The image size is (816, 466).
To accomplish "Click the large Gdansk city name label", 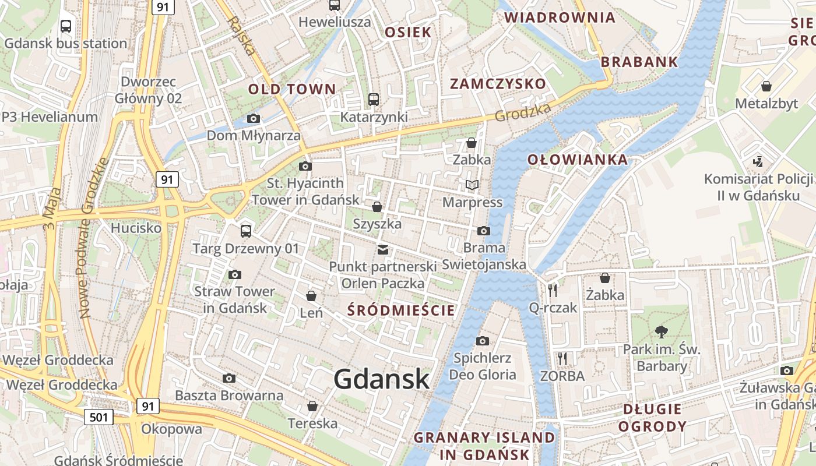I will pyautogui.click(x=382, y=380).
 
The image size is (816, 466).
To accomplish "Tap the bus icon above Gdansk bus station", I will pyautogui.click(x=66, y=26).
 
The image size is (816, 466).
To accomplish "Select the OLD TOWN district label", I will pyautogui.click(x=292, y=89).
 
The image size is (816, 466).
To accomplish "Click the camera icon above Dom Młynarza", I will pyautogui.click(x=253, y=119).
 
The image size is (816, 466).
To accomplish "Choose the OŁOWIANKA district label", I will pyautogui.click(x=578, y=160).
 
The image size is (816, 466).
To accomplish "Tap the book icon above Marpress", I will pyautogui.click(x=472, y=185).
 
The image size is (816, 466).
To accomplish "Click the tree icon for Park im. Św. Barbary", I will pyautogui.click(x=661, y=332).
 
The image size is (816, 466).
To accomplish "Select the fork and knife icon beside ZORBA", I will pyautogui.click(x=562, y=359).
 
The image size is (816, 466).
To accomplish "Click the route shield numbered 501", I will pyautogui.click(x=98, y=417).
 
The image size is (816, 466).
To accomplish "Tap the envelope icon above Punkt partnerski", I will pyautogui.click(x=382, y=250).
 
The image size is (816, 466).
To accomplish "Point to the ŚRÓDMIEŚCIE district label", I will pyautogui.click(x=400, y=310).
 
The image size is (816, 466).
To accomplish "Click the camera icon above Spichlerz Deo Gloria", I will pyautogui.click(x=483, y=341).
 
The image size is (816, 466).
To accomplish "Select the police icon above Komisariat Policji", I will pyautogui.click(x=758, y=161).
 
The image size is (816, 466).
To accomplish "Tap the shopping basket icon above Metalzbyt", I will pyautogui.click(x=766, y=87).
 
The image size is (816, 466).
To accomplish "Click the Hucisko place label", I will pyautogui.click(x=136, y=228).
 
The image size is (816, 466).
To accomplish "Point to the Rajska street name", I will pyautogui.click(x=242, y=35).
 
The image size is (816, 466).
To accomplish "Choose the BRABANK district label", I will pyautogui.click(x=639, y=62).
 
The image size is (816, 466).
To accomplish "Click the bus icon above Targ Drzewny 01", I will pyautogui.click(x=246, y=231).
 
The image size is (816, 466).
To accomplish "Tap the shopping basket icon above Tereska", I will pyautogui.click(x=312, y=406).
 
